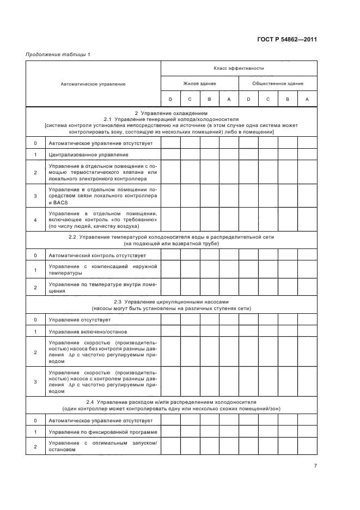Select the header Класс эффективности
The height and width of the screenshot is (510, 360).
(x=239, y=69)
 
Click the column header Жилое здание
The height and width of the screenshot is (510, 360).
(x=199, y=83)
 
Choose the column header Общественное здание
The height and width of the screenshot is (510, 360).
(x=278, y=83)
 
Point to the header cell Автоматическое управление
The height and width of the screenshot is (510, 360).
(x=93, y=84)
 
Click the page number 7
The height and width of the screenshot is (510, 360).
(x=315, y=465)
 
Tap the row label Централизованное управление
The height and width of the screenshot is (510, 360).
(x=84, y=155)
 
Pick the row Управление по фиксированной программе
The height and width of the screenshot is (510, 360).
(x=102, y=432)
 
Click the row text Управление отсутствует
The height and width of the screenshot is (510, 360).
(x=80, y=319)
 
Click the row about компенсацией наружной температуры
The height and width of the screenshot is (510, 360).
(x=102, y=270)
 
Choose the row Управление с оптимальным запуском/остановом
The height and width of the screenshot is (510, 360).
(x=102, y=447)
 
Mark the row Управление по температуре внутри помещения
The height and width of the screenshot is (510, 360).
(x=102, y=288)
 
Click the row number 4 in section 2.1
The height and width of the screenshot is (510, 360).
(x=35, y=220)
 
